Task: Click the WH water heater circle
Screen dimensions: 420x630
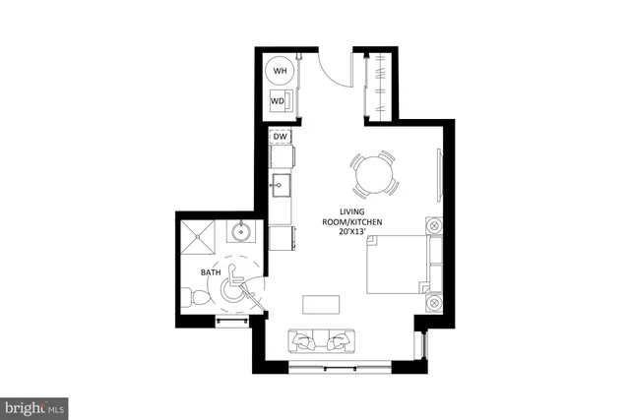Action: pyautogui.click(x=281, y=71)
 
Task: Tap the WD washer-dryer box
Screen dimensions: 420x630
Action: pyautogui.click(x=280, y=101)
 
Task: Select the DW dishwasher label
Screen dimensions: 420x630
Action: pyautogui.click(x=280, y=137)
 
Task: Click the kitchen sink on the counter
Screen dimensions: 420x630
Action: pyautogui.click(x=280, y=184)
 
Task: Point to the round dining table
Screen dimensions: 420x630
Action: pyautogui.click(x=375, y=177)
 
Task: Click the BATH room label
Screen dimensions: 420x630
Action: pyautogui.click(x=211, y=271)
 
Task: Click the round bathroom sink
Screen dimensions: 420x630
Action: pyautogui.click(x=241, y=233)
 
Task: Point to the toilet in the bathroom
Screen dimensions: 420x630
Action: pyautogui.click(x=197, y=296)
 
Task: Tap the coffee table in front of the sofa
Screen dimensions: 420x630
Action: pyautogui.click(x=319, y=302)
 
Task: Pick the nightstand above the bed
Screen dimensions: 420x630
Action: pyautogui.click(x=433, y=225)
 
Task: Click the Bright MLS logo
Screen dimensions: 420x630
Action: pyautogui.click(x=34, y=405)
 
